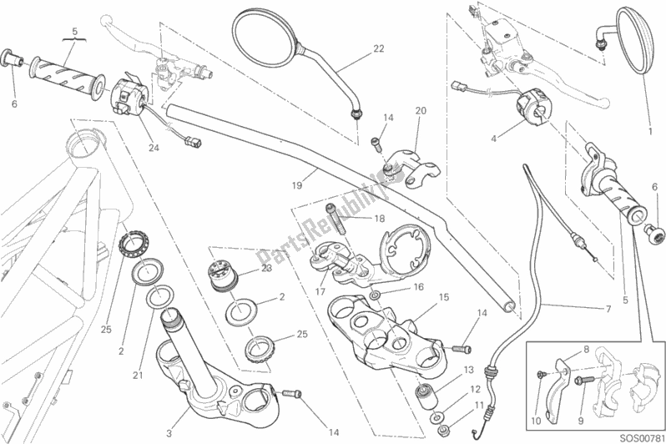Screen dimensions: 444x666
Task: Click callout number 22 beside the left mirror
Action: coord(378,49)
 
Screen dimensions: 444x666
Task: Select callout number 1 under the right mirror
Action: coord(648,130)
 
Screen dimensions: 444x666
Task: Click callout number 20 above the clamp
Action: coord(420,111)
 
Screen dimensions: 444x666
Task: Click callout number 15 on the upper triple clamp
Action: coord(444,297)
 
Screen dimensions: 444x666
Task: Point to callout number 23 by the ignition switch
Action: coord(266,269)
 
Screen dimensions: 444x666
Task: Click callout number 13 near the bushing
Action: coord(468,370)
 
